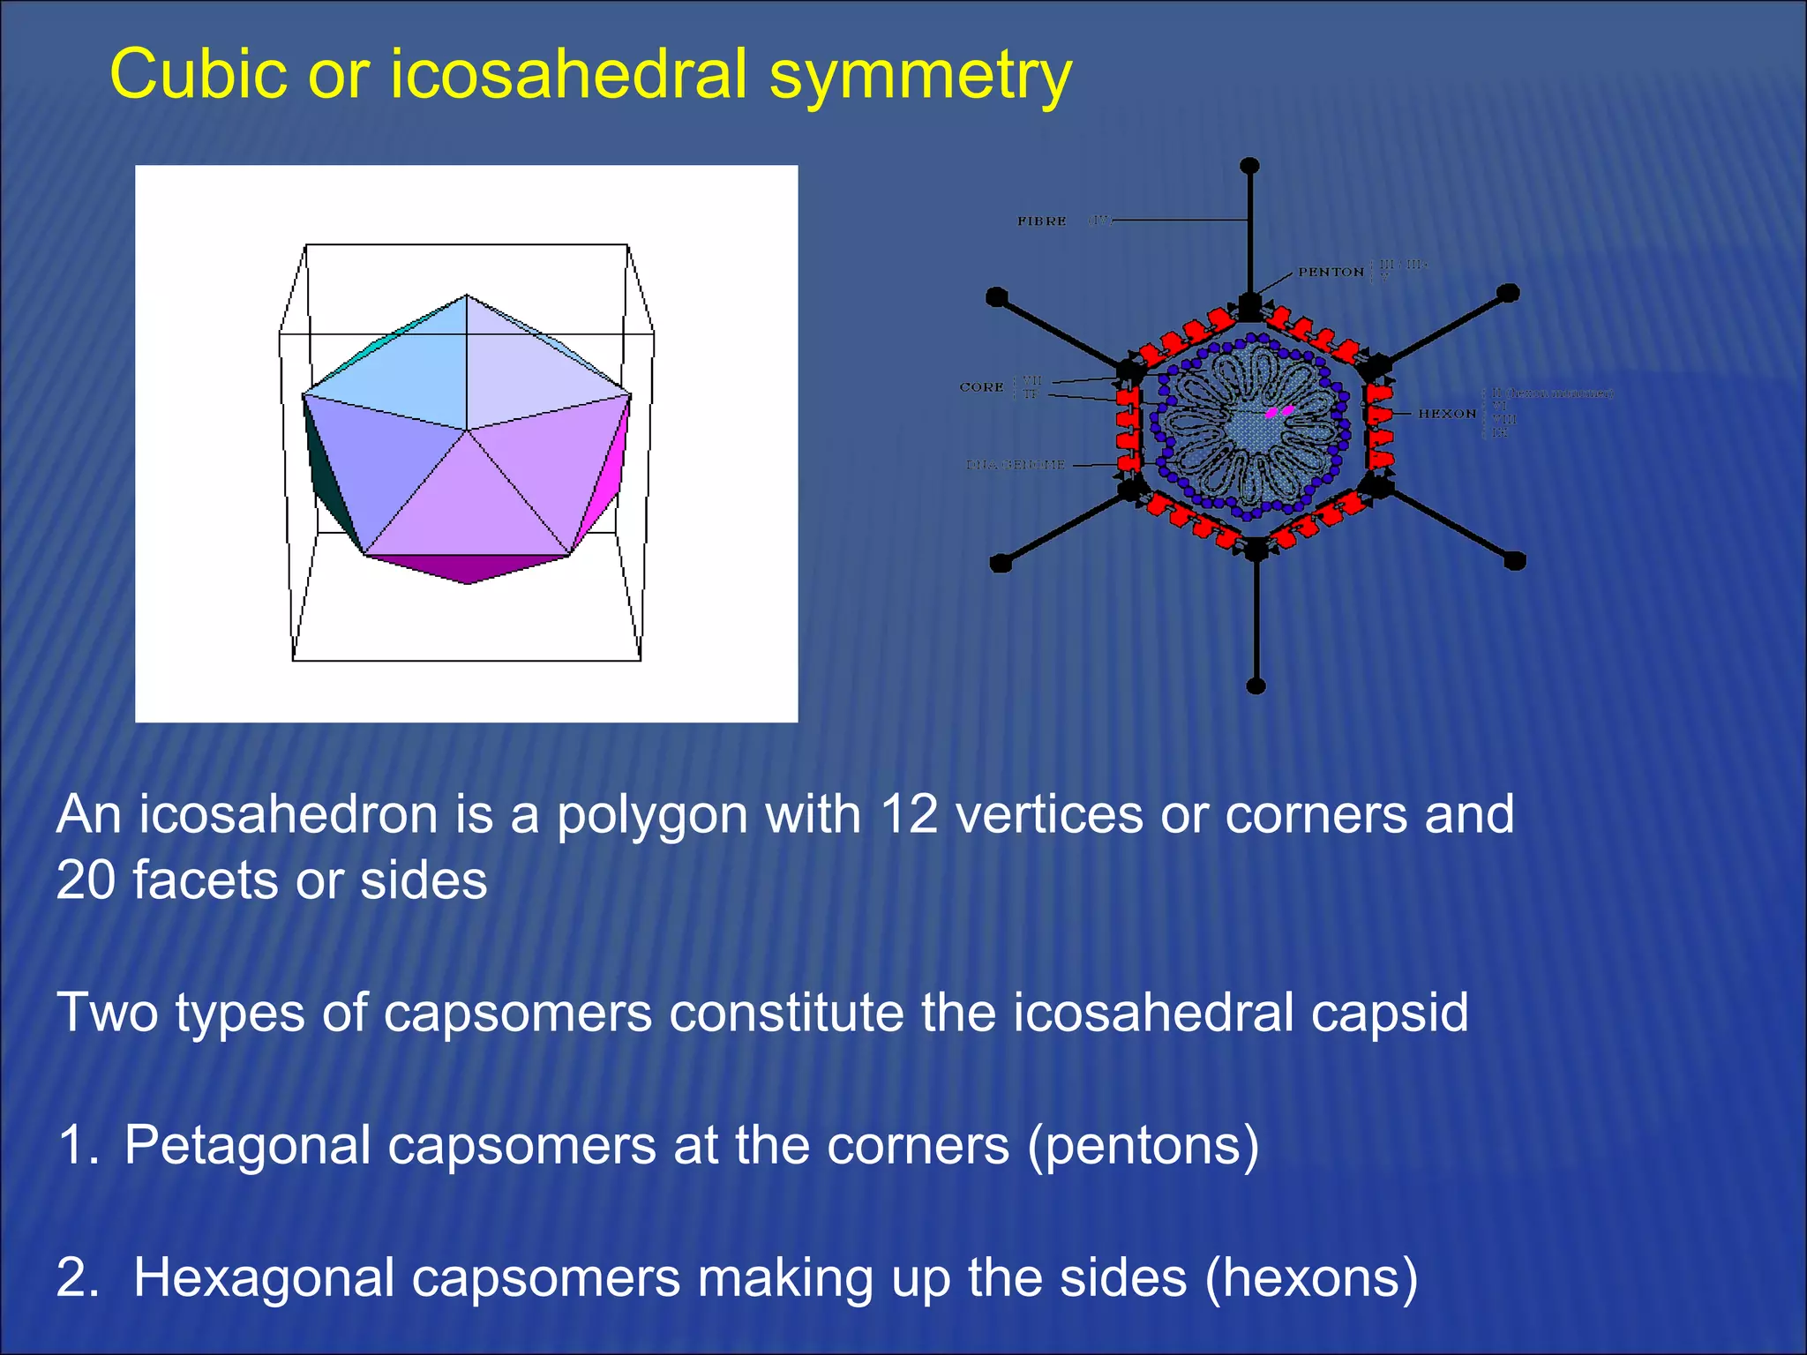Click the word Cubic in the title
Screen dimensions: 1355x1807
tap(198, 74)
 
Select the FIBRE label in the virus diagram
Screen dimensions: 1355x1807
tap(1041, 221)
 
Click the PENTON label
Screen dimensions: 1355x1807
tap(1330, 272)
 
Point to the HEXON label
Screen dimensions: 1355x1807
tap(1447, 413)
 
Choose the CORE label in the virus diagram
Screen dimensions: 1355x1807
tap(981, 387)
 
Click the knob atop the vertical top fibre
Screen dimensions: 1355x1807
tap(1249, 166)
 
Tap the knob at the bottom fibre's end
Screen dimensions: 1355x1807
tap(1256, 685)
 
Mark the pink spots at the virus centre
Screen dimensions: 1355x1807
tap(1279, 411)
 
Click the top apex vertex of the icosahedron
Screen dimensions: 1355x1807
tap(467, 296)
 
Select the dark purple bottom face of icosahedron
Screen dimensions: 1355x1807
tap(468, 569)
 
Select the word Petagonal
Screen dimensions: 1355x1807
tap(247, 1145)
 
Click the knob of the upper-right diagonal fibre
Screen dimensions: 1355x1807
tap(1509, 292)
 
